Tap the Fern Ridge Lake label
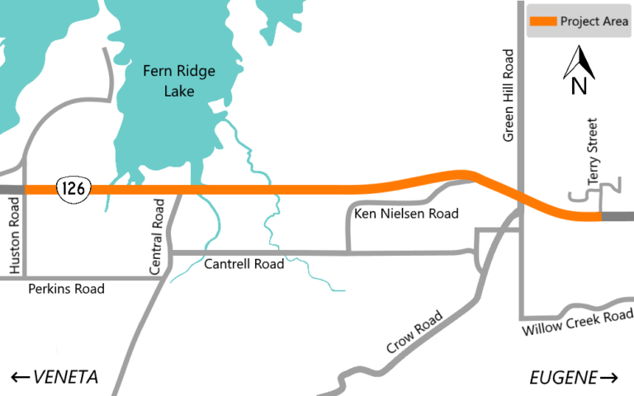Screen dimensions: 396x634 [x=178, y=81]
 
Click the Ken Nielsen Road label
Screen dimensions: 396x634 [x=405, y=214]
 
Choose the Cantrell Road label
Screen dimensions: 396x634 [x=244, y=265]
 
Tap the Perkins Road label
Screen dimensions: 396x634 [x=66, y=290]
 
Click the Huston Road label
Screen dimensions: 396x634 [x=14, y=239]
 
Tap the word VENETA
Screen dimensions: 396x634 [x=65, y=377]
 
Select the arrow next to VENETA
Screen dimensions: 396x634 [x=20, y=378]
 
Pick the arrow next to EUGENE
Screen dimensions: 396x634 [x=609, y=378]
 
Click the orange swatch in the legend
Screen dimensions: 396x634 [x=541, y=21]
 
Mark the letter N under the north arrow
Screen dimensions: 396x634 [x=580, y=85]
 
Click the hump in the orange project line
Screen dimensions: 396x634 [x=458, y=174]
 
